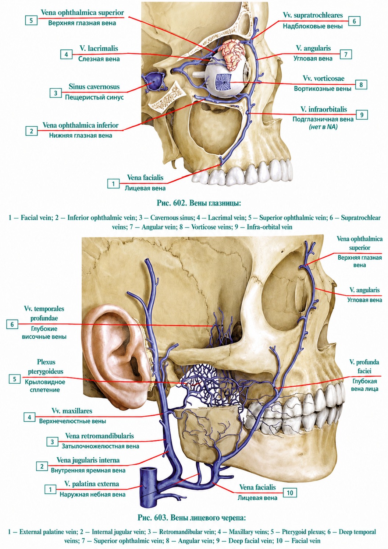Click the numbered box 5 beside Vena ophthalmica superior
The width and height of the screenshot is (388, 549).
pos(31,20)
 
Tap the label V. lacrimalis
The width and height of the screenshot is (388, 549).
pos(99,48)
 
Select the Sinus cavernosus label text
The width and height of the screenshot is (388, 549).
pos(94,87)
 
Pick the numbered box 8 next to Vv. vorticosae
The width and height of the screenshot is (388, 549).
pos(361,85)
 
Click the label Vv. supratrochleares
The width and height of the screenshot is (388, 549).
pos(313,15)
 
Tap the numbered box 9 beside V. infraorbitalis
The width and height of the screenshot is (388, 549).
pos(362,115)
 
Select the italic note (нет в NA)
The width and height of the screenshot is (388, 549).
pos(323,127)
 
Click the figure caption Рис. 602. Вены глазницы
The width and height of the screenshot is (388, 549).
pos(199,203)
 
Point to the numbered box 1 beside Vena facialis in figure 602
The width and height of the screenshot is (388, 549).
pos(113,184)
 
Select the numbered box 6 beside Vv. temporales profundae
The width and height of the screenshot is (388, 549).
pos(12,325)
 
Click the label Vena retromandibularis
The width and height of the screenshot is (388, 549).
pos(99,436)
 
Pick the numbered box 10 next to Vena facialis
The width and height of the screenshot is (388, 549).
pos(289,493)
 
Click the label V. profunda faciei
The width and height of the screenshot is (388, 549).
pos(364,366)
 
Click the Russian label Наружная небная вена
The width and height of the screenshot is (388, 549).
pos(93,495)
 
